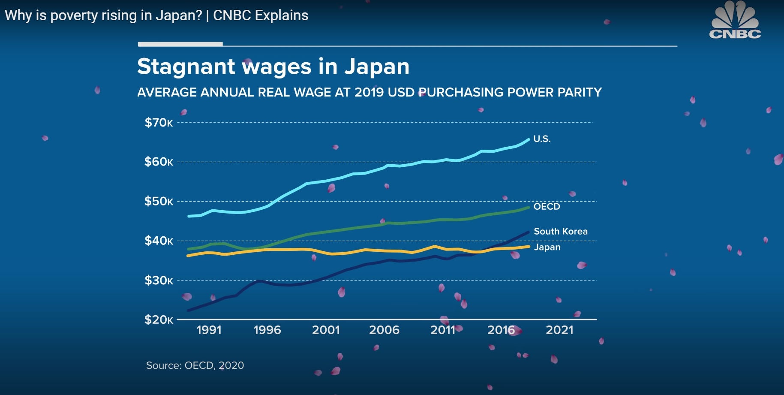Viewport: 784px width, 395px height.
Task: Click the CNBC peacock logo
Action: [735, 21]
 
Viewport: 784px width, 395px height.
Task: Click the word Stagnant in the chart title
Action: [186, 67]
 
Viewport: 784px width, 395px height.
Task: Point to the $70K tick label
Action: [159, 123]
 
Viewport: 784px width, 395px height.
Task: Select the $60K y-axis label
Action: [159, 162]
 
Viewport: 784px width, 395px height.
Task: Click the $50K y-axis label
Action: [159, 201]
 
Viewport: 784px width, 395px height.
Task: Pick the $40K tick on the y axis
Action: [159, 241]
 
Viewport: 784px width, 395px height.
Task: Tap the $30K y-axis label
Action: [159, 280]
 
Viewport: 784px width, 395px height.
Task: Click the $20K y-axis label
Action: [159, 320]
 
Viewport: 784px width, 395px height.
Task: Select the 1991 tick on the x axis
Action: [209, 330]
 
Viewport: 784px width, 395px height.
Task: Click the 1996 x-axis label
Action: [267, 330]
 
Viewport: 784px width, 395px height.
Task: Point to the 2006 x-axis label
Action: [384, 330]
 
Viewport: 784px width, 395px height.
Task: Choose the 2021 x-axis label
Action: [559, 330]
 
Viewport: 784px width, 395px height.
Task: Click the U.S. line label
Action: [542, 139]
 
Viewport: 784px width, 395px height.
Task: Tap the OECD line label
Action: [547, 207]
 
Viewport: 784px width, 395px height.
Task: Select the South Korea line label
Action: [561, 232]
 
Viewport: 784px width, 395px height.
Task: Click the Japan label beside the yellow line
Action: [547, 247]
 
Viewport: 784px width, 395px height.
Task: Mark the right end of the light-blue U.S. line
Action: [528, 139]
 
